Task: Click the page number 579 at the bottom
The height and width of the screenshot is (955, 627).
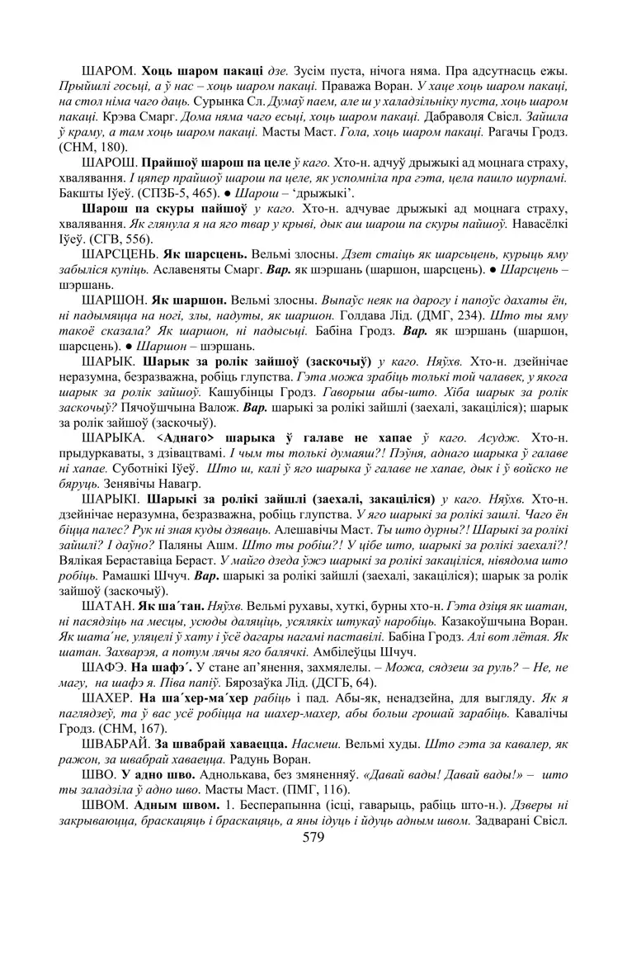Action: (x=313, y=837)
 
